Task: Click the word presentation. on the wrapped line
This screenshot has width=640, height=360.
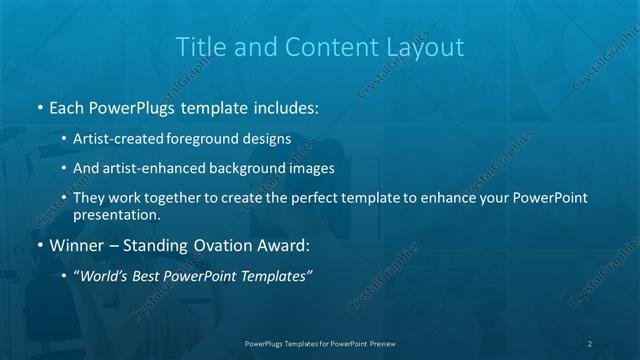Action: tap(116, 214)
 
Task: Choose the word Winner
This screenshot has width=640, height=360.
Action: tap(77, 244)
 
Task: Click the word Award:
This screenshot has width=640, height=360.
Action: tap(286, 244)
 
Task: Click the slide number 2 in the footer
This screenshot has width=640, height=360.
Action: tap(590, 343)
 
